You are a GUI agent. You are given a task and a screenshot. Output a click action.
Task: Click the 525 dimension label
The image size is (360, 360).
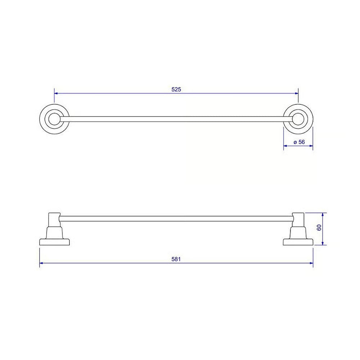tap(176, 89)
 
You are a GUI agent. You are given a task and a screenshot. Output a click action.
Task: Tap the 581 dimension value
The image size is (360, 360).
tap(176, 259)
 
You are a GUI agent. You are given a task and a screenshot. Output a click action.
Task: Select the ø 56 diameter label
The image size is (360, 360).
tap(299, 142)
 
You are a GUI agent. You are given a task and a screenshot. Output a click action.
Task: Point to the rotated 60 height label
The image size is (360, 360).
tap(319, 228)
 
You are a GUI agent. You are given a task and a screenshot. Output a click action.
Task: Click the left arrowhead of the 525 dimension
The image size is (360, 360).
tap(56, 94)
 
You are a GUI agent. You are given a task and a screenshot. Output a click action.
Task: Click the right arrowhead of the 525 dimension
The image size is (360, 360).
tap(297, 94)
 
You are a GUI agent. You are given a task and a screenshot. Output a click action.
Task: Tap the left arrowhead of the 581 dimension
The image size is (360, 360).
tap(41, 263)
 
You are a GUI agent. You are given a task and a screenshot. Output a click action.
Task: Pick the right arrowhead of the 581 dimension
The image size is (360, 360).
tap(311, 263)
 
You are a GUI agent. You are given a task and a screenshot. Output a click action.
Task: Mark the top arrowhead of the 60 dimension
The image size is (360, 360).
tap(323, 215)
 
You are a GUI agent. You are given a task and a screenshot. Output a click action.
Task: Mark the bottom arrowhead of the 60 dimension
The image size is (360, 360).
tap(323, 243)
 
